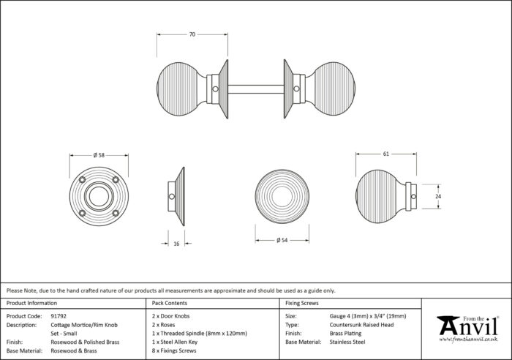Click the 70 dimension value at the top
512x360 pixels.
(x=192, y=34)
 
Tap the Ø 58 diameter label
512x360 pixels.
(x=99, y=155)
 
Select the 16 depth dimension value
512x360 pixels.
(x=176, y=244)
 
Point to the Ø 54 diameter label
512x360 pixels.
(x=282, y=240)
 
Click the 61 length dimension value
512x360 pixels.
(x=386, y=154)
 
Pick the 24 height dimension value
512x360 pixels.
(x=438, y=196)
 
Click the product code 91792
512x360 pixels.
(x=59, y=316)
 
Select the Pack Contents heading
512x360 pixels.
(x=170, y=303)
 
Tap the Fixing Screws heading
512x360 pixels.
(x=302, y=303)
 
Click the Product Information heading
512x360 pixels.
(x=31, y=303)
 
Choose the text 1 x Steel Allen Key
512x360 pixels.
(x=175, y=342)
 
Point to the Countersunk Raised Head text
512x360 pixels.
(x=361, y=325)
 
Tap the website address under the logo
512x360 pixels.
(x=468, y=340)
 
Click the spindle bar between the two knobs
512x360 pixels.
(x=256, y=89)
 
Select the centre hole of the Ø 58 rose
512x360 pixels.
(x=99, y=196)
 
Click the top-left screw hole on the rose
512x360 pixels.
(x=82, y=180)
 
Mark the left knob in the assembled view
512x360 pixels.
(x=181, y=89)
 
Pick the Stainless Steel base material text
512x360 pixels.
(x=347, y=342)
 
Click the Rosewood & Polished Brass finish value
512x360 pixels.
(x=85, y=342)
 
